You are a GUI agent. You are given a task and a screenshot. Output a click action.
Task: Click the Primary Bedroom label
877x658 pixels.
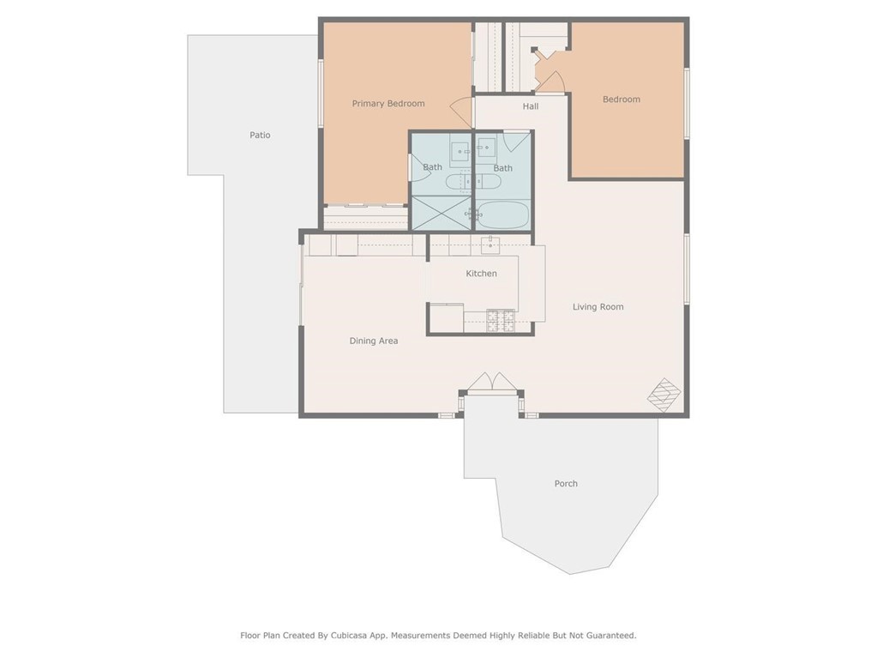click(387, 104)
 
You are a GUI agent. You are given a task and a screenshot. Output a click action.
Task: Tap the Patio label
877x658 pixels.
click(260, 136)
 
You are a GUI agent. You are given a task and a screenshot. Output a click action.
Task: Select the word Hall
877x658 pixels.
click(531, 106)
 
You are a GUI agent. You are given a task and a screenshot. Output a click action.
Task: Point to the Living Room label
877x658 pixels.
click(598, 307)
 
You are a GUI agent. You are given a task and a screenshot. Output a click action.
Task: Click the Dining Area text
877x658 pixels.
click(373, 341)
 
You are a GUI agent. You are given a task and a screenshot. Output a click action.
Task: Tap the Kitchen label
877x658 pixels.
click(481, 274)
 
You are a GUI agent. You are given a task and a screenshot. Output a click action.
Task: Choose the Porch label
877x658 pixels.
click(566, 484)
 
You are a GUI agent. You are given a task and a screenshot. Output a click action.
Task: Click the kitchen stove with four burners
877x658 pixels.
click(501, 321)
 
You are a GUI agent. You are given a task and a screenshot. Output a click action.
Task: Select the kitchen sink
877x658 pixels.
click(490, 244)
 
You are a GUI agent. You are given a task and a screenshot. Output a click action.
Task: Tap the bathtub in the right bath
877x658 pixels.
click(502, 214)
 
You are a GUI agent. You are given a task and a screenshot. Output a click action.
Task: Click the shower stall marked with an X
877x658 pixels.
click(442, 213)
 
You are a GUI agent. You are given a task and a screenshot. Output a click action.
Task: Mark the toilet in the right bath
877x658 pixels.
click(487, 181)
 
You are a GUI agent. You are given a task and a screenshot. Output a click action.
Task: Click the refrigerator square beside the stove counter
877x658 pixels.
click(446, 318)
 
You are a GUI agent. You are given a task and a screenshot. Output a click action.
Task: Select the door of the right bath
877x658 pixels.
click(516, 141)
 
